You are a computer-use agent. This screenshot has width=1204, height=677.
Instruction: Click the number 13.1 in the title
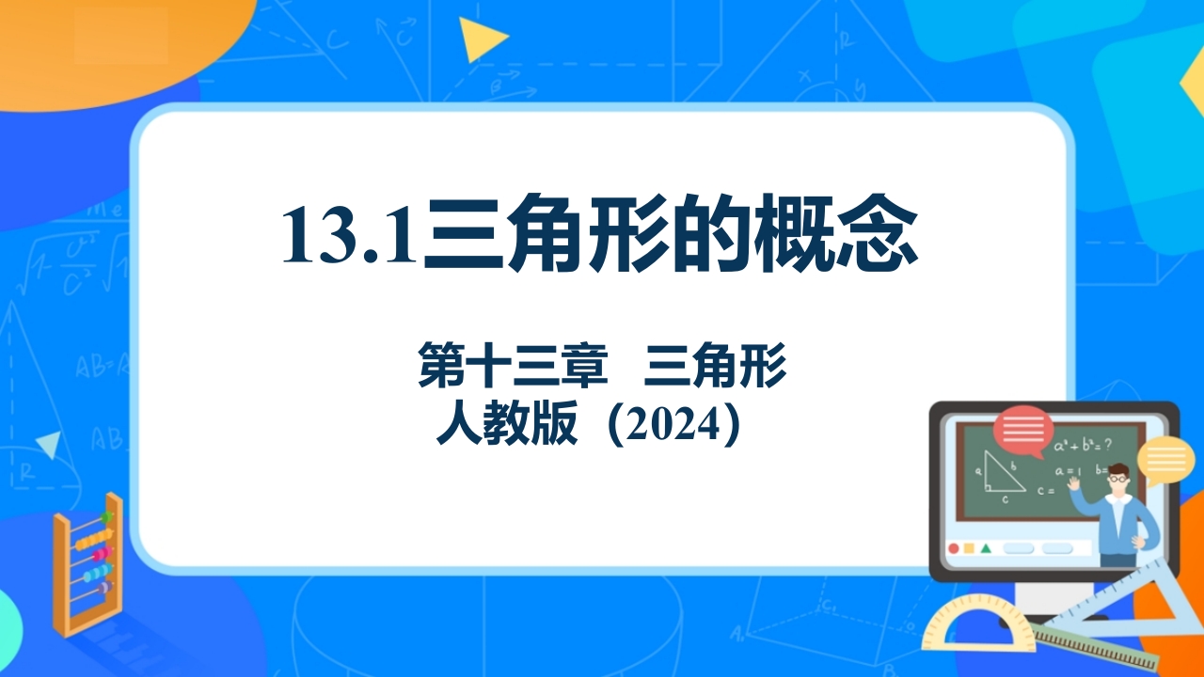tap(349, 235)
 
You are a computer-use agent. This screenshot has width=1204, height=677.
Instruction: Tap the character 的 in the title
tap(709, 233)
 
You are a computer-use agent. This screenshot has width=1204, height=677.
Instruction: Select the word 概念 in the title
tap(835, 233)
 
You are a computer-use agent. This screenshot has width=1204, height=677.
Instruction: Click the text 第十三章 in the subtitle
tap(514, 366)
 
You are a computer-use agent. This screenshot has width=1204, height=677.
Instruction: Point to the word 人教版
tap(507, 423)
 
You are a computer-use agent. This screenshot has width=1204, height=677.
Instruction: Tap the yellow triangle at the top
tap(481, 39)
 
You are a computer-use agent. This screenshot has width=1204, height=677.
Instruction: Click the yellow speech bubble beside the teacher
tap(1165, 460)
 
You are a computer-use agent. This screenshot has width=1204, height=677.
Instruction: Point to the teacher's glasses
tap(1118, 479)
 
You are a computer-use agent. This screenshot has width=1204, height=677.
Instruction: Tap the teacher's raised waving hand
tap(1074, 482)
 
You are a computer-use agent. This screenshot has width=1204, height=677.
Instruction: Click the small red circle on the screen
tap(954, 548)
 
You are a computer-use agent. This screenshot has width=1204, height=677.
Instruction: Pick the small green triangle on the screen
tap(986, 548)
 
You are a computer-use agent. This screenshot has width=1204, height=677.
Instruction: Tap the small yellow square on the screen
tap(969, 548)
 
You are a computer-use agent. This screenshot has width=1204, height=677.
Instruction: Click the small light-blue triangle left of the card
tap(50, 445)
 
